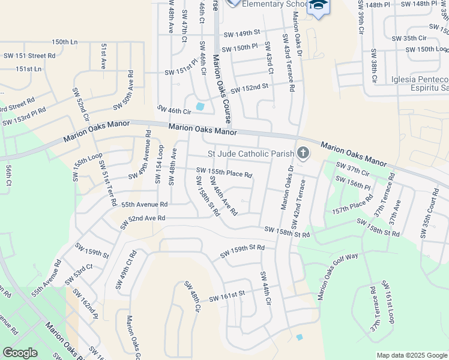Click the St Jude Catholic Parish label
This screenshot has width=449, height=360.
coord(250,154)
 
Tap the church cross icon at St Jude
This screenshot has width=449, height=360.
coord(303,154)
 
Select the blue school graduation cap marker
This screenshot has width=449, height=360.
coord(318,6)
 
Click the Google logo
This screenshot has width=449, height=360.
coord(20,353)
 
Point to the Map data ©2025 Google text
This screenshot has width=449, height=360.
coord(412,355)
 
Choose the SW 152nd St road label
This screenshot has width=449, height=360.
coord(249,88)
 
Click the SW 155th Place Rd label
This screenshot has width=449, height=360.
coord(224,172)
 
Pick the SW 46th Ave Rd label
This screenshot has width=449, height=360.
coord(223,196)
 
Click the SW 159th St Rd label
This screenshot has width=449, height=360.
coord(242,251)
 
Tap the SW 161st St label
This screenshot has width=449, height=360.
coord(227,296)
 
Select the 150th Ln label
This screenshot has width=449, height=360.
coord(65,42)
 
